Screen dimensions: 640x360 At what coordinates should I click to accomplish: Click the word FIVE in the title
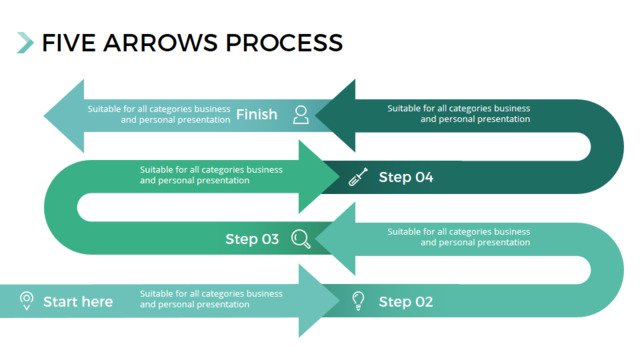69,43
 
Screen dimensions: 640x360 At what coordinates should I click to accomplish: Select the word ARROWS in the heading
160,43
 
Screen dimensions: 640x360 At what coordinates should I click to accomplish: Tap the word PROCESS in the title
284,43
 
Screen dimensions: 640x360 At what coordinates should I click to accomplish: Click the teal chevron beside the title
25,42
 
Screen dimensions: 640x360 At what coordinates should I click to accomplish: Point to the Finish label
257,114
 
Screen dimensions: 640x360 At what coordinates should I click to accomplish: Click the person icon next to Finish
301,115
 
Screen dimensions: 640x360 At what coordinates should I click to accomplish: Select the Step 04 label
406,177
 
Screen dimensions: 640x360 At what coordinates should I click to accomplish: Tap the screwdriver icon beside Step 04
358,177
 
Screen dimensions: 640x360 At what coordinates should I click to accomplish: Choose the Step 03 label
252,239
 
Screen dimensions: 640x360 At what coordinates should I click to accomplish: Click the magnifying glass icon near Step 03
301,239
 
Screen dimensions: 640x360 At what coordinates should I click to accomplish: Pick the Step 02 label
406,302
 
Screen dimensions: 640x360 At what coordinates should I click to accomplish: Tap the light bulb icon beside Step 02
358,301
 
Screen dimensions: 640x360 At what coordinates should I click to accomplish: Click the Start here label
78,302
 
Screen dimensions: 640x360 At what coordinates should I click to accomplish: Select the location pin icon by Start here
27,301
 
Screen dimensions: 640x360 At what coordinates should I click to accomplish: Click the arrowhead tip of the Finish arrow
44,116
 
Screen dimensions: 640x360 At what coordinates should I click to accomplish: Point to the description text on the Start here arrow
211,299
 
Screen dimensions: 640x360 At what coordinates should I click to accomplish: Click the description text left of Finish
159,114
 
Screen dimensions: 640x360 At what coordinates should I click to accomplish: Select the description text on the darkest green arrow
459,113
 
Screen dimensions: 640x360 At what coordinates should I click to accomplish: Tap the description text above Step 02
459,237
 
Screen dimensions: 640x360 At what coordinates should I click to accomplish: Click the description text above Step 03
211,175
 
